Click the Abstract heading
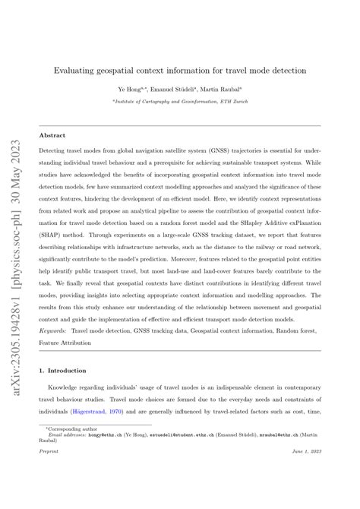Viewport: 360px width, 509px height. (x=52, y=136)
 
